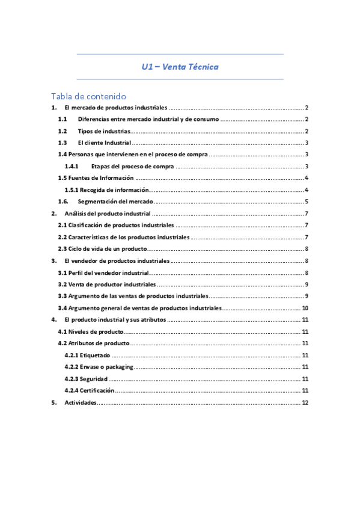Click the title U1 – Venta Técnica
click(180, 67)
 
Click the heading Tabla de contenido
click(88, 96)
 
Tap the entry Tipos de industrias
click(103, 131)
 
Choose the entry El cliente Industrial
click(105, 143)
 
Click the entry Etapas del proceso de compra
click(133, 166)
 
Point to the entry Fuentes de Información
click(100, 178)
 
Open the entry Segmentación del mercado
click(115, 201)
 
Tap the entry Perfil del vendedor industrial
click(103, 272)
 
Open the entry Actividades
click(80, 402)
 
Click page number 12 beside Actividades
click(305, 402)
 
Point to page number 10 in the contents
click(305, 308)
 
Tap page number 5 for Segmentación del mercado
click(307, 201)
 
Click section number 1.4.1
click(72, 166)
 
